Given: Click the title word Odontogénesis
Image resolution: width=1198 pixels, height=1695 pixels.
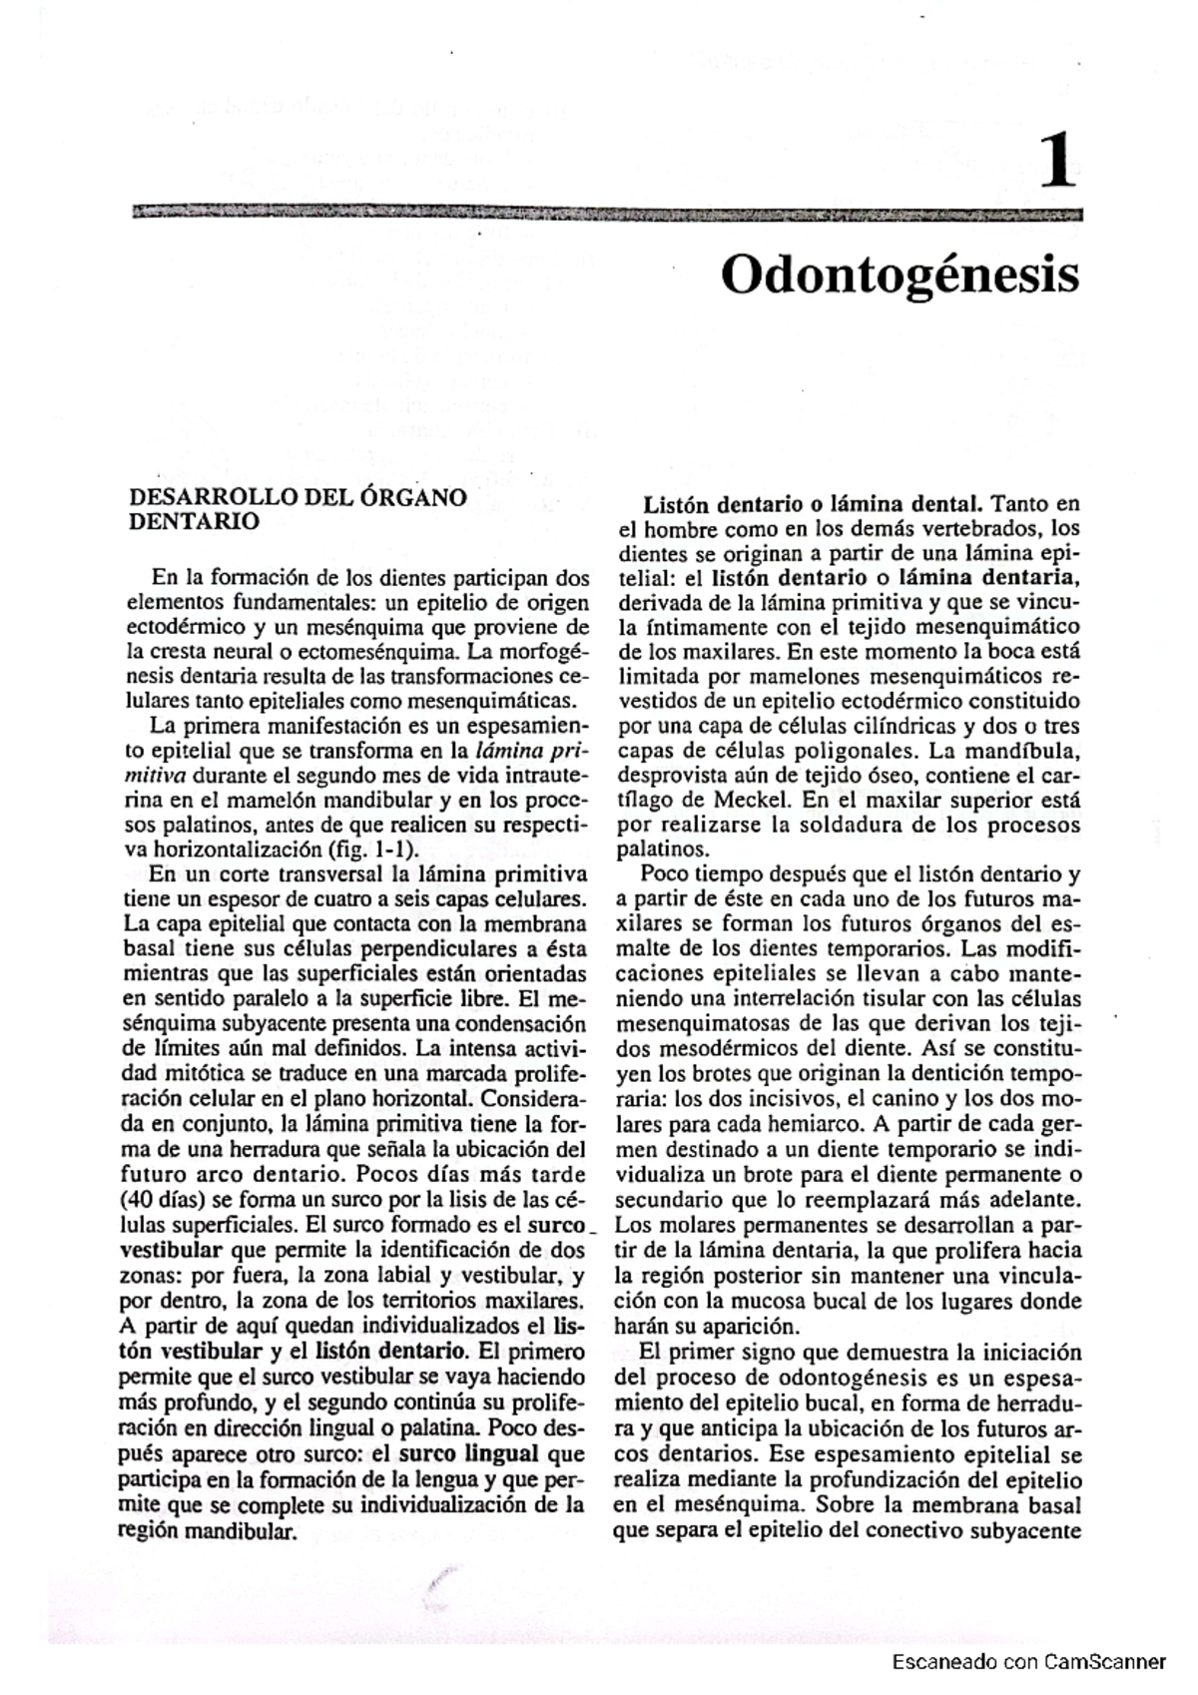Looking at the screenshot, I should [899, 274].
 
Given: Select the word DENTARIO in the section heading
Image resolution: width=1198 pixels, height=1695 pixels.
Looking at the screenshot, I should [195, 521].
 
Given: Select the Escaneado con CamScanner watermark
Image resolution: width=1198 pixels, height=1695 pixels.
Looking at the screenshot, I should [1028, 1662].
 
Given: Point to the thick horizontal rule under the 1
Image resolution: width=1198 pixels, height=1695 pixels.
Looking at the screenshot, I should [606, 214].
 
